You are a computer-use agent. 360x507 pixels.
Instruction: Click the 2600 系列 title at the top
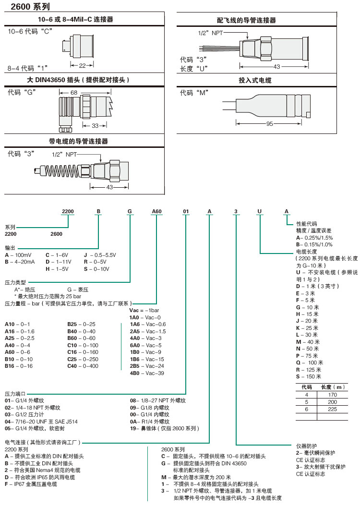point(26,7)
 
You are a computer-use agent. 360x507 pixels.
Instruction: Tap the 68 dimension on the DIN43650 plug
point(73,92)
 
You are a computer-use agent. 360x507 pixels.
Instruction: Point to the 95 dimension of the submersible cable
point(269,124)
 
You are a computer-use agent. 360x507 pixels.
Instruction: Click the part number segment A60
point(157,211)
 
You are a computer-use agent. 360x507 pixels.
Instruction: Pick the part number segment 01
point(187,211)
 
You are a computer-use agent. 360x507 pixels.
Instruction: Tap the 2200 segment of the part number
point(68,211)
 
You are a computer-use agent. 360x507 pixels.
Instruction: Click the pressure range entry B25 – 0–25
point(81,324)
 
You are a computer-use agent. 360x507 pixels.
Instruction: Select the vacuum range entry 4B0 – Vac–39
point(146,373)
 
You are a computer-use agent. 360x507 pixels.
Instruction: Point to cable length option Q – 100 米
point(310,362)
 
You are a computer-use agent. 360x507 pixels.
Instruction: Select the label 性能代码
point(307,224)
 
